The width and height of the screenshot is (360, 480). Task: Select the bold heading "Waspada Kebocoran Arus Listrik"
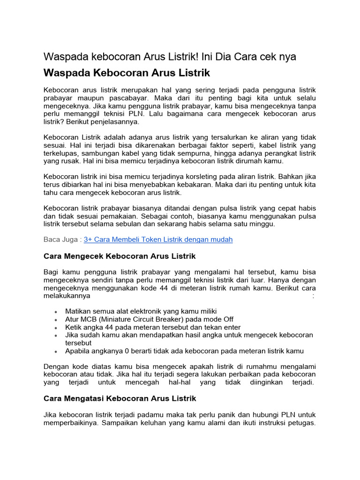tap(127, 74)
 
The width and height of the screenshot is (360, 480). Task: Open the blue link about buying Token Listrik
tap(158, 240)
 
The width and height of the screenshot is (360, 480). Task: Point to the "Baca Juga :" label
tap(62, 240)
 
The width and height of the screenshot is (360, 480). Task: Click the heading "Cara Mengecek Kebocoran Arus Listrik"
tap(120, 256)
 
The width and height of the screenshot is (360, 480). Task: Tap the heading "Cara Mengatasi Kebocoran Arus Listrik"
tap(120, 398)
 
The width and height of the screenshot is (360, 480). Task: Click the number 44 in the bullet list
tap(109, 327)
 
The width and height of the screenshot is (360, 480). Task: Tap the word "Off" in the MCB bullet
tap(227, 319)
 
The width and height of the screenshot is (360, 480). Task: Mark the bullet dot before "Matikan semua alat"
tap(56, 312)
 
